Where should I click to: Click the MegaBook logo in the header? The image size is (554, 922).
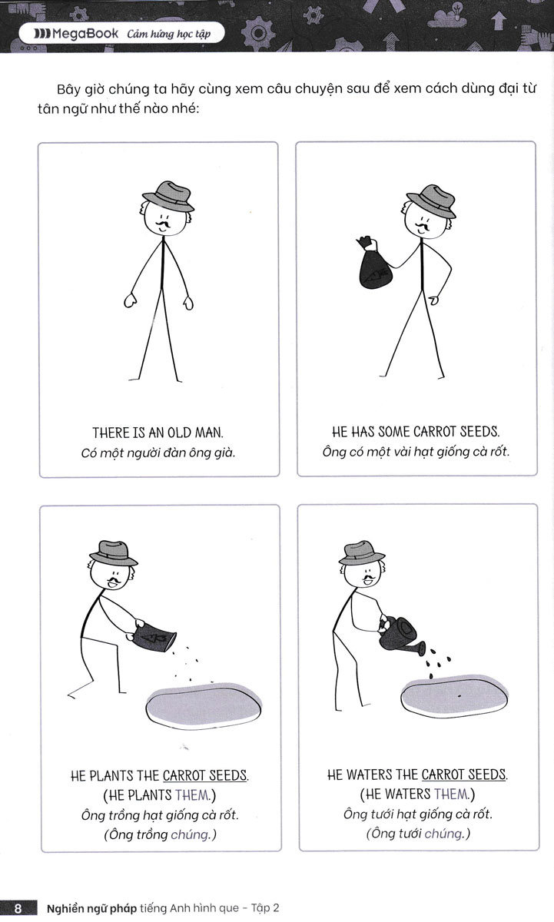77,34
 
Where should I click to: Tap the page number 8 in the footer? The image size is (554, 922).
18,908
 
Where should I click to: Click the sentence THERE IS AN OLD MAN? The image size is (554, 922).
158,433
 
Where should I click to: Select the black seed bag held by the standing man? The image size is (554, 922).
373,263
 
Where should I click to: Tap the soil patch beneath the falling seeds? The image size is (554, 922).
204,705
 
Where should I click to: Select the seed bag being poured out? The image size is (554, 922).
151,637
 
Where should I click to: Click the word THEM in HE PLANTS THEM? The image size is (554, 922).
193,795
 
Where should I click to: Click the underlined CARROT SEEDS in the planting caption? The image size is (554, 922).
205,776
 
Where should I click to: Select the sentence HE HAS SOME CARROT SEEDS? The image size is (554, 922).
416,432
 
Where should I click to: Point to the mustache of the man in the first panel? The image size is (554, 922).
163,224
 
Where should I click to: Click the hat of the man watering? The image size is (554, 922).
361,552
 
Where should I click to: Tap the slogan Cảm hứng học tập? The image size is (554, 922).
169,34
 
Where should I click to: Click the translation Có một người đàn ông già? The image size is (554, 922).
158,453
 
